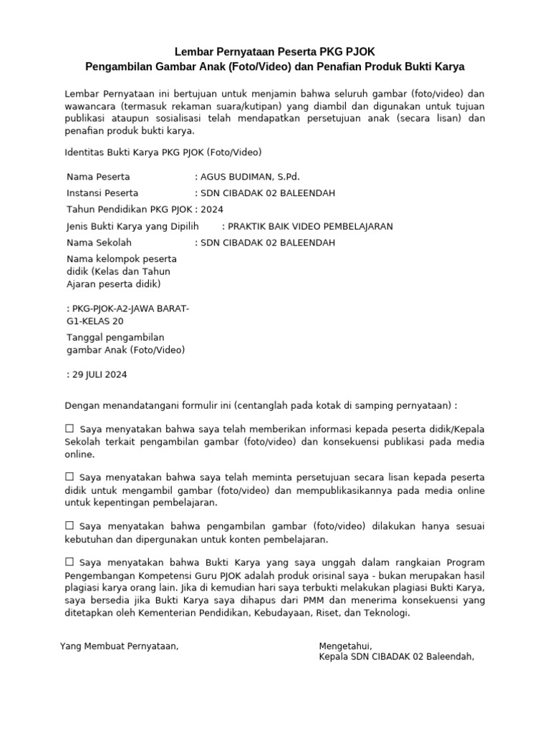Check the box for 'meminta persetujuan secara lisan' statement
[69, 477]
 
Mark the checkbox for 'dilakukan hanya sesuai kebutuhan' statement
[69, 526]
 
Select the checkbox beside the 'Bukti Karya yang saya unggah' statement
[69, 562]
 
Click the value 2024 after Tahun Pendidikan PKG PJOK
[212, 210]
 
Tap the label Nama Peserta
[98, 176]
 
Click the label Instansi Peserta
[102, 193]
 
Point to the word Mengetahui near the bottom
[345, 646]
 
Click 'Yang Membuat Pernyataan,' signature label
[119, 646]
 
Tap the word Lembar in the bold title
[195, 52]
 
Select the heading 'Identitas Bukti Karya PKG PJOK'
[163, 152]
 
